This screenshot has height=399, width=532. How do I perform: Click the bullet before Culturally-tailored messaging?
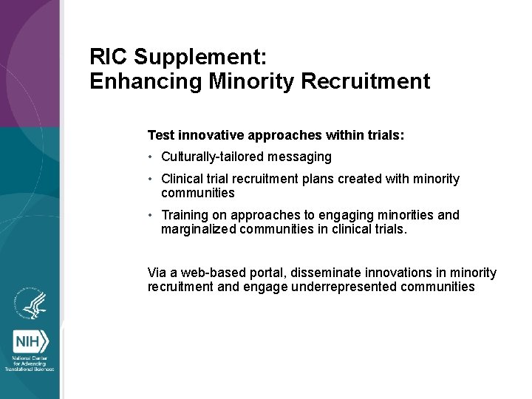[x=151, y=157]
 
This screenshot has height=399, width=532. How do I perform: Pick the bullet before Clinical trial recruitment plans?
[x=151, y=179]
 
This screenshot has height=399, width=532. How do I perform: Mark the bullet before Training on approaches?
[x=151, y=215]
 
